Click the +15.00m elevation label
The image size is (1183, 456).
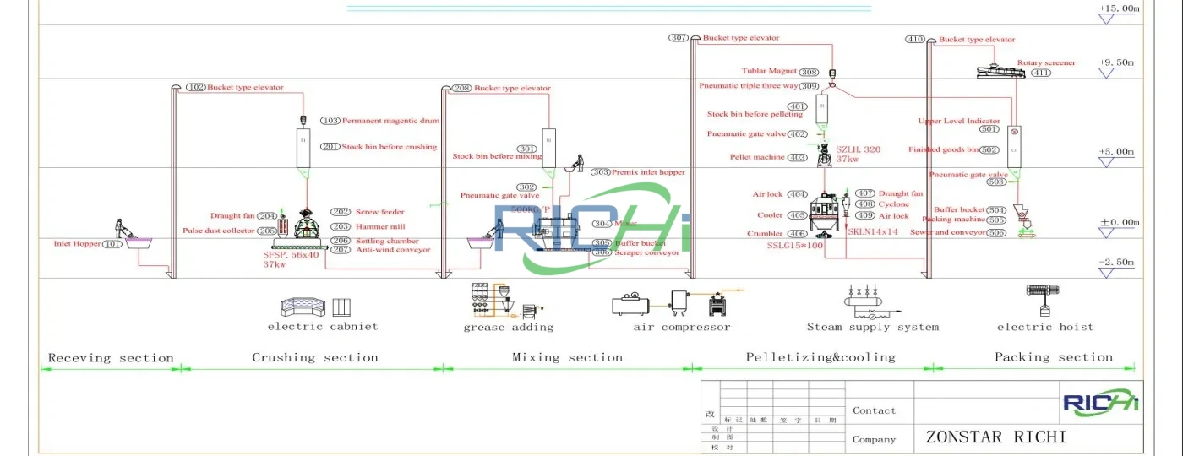click(1119, 8)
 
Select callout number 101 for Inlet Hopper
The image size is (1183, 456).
click(113, 244)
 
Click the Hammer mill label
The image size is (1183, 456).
click(380, 226)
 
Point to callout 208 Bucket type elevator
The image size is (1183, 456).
click(461, 88)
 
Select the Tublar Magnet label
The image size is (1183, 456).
click(769, 72)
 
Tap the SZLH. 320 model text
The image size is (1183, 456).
click(858, 149)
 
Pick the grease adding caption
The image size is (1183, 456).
click(509, 328)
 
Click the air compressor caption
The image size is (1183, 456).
click(682, 328)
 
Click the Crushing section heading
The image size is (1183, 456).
click(314, 358)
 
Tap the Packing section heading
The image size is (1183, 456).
click(1053, 358)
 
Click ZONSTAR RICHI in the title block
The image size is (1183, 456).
click(995, 437)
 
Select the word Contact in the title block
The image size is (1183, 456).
click(874, 410)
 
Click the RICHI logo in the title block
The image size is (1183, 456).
click(1101, 403)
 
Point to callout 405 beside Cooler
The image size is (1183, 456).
click(797, 216)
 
